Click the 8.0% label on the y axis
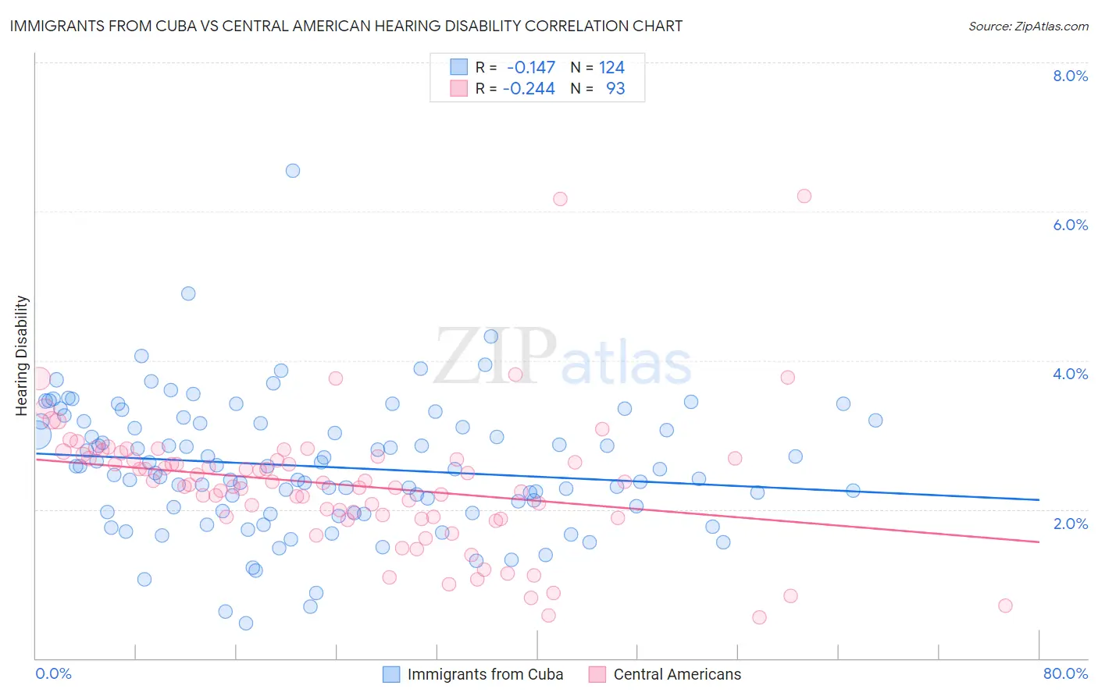1070,76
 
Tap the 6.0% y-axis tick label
1070,225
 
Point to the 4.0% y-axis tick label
1070,374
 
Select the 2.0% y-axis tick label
1070,524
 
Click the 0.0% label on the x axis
53,673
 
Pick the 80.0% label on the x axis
1065,673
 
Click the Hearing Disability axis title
22,355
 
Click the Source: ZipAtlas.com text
1028,26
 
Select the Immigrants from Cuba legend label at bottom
485,674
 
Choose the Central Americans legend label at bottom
677,674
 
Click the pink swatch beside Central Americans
597,674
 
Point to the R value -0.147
531,67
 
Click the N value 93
615,88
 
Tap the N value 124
611,67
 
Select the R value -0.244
529,88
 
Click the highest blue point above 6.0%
293,170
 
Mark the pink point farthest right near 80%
1005,605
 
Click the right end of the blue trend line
1039,499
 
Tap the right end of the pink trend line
1039,542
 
